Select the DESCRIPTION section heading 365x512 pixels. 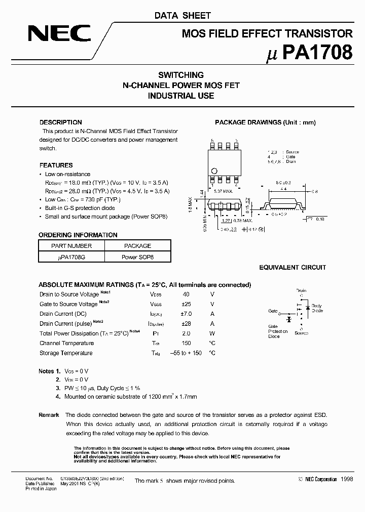60,122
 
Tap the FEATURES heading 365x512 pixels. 56,165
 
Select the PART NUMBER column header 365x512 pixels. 71,246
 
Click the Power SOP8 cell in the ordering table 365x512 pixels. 137,257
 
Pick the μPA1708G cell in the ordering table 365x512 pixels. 71,257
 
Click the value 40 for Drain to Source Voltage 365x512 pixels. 186,294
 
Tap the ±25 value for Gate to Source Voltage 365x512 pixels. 186,304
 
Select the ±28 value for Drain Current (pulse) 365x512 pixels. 186,324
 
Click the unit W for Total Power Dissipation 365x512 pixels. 212,333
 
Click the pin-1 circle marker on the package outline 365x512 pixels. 214,170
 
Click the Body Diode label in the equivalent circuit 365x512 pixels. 316,308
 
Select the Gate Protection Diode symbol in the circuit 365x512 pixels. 289,319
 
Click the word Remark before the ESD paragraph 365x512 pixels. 49,415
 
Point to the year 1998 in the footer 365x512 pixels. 347,479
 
